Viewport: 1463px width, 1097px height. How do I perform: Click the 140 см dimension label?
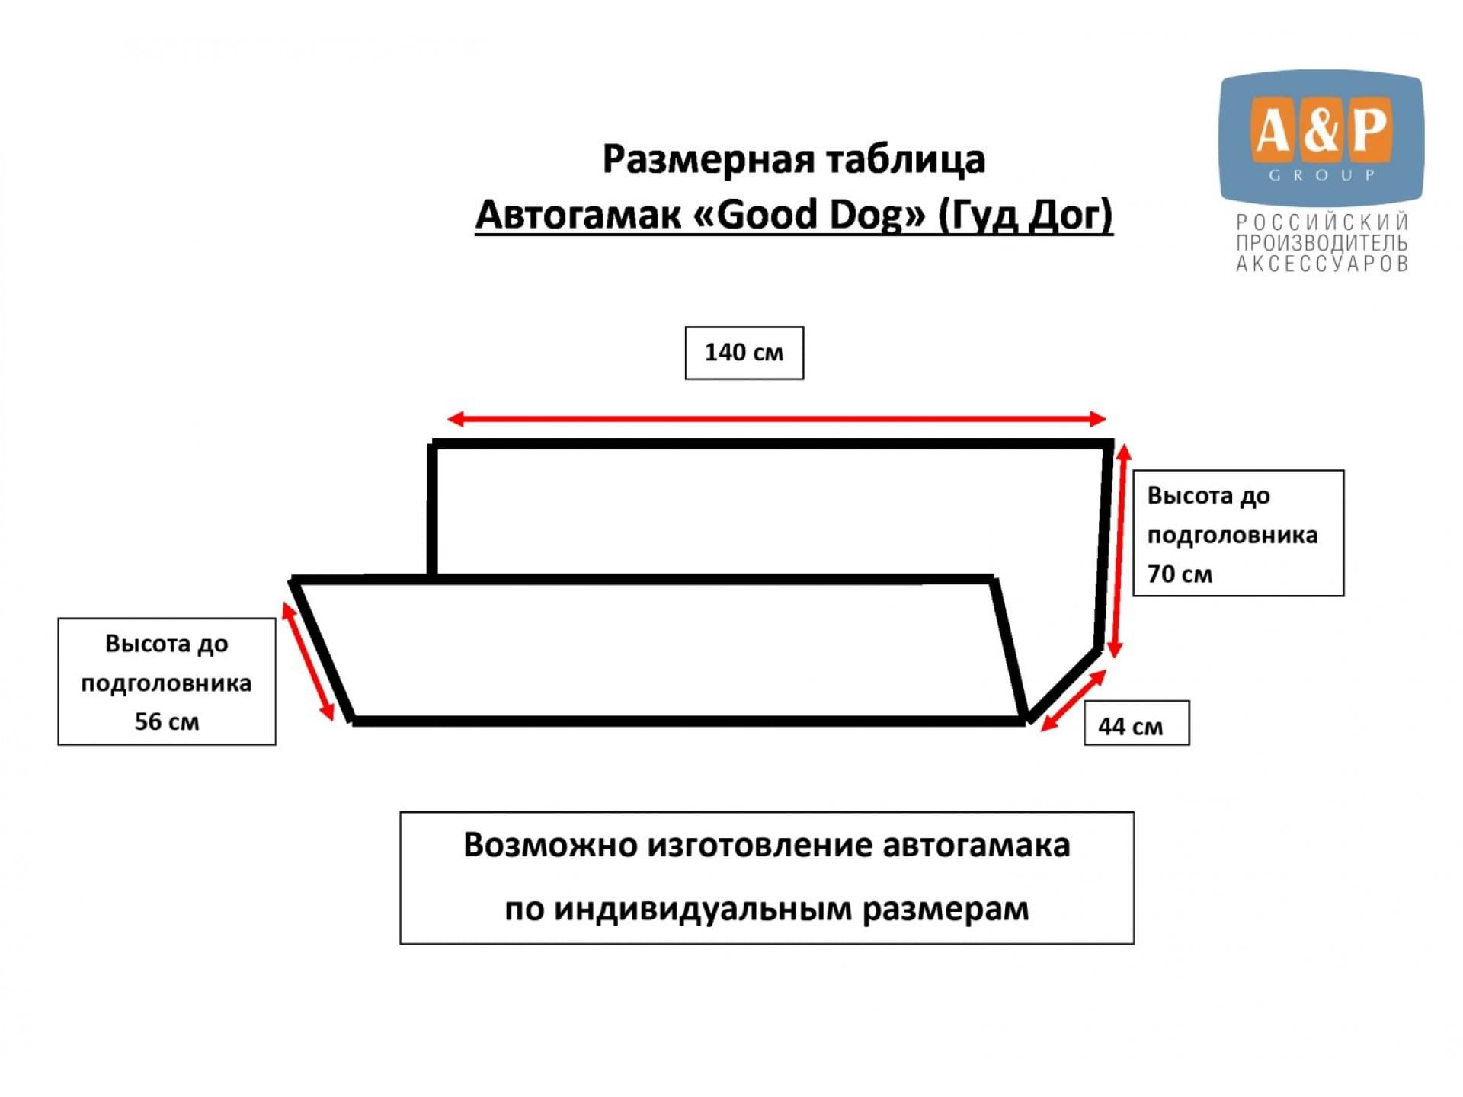point(744,352)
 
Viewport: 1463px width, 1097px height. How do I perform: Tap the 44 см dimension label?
point(1130,726)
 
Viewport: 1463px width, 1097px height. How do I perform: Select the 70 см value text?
point(1180,574)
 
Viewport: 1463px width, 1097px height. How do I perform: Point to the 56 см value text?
point(167,721)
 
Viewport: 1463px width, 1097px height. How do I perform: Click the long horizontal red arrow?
point(776,418)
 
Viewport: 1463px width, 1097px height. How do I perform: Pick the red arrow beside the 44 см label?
point(1073,700)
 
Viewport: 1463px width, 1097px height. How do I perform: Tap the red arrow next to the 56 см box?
point(308,660)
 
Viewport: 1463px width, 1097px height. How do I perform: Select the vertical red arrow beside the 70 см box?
point(1119,551)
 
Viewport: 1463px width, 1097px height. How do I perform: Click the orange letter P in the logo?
point(1371,130)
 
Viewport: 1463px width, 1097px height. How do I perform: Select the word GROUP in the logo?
point(1322,175)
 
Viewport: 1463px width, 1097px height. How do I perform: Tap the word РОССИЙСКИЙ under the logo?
point(1322,222)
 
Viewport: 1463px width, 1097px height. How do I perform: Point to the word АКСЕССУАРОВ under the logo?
point(1322,264)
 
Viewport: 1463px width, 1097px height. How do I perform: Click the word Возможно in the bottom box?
point(549,846)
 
